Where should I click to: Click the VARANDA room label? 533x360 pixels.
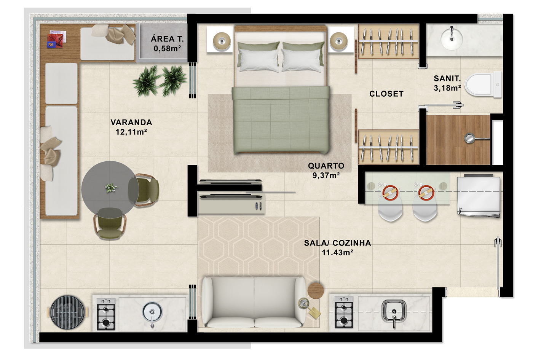(x=131, y=122)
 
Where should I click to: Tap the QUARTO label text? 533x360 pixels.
(x=326, y=166)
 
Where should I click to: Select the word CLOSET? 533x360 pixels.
(x=386, y=94)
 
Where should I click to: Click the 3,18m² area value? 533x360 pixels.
(x=447, y=88)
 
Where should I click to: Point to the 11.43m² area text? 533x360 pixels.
(x=337, y=252)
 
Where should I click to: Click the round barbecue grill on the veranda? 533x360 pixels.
(x=68, y=312)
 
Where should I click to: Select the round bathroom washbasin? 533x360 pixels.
(x=452, y=38)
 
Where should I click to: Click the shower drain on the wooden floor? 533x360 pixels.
(x=469, y=138)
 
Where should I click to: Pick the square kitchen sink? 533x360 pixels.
(x=394, y=312)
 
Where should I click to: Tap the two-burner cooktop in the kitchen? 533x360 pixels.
(x=344, y=312)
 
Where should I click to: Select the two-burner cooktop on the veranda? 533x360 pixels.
(x=106, y=314)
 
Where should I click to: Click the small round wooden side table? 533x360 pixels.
(x=316, y=290)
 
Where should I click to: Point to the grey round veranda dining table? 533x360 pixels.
(x=110, y=190)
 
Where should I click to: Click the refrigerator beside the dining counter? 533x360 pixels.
(x=479, y=196)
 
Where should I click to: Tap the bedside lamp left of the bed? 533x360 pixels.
(x=222, y=41)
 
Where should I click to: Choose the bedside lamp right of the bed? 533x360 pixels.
(x=338, y=41)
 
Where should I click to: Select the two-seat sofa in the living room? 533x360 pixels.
(x=254, y=302)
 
